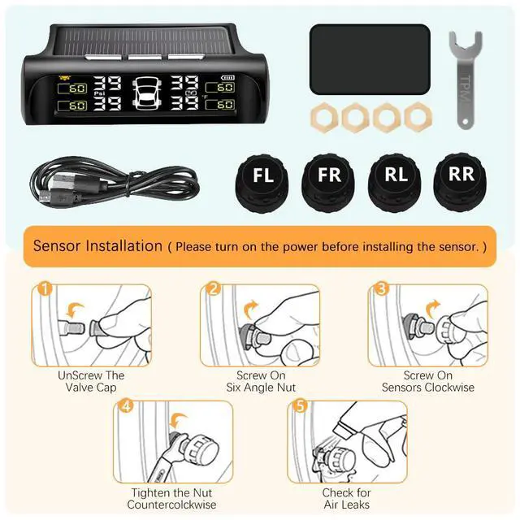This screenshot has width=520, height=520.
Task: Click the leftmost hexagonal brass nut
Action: (x=323, y=118)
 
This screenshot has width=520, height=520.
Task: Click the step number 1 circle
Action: (x=45, y=289)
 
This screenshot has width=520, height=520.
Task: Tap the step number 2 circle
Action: (x=214, y=288)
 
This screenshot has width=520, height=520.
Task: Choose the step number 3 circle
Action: (x=380, y=288)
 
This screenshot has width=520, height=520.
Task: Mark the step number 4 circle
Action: (x=126, y=405)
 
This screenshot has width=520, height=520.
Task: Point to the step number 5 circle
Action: (x=300, y=405)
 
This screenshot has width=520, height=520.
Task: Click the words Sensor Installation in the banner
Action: (x=97, y=245)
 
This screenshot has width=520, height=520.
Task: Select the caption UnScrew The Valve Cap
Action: (x=91, y=382)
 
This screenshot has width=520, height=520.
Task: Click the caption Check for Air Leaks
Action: (x=346, y=499)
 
